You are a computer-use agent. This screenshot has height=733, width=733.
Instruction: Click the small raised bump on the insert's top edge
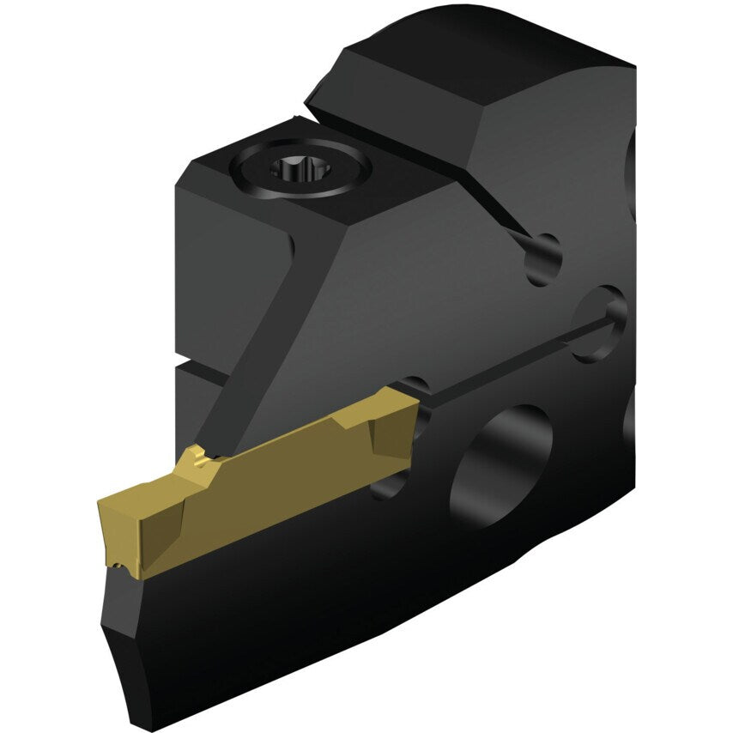195,456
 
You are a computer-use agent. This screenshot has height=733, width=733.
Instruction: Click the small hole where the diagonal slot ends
542,257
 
